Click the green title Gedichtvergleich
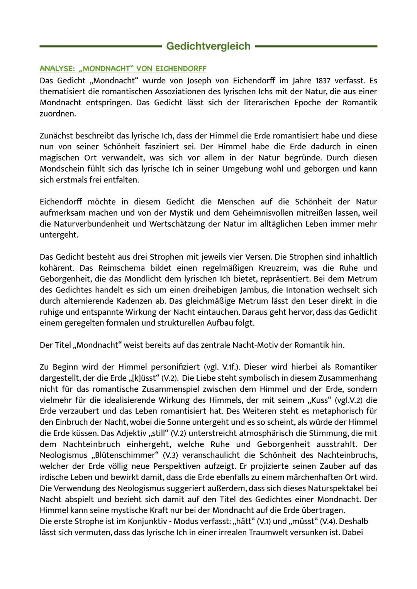pyautogui.click(x=208, y=46)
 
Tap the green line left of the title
pyautogui.click(x=100, y=46)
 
